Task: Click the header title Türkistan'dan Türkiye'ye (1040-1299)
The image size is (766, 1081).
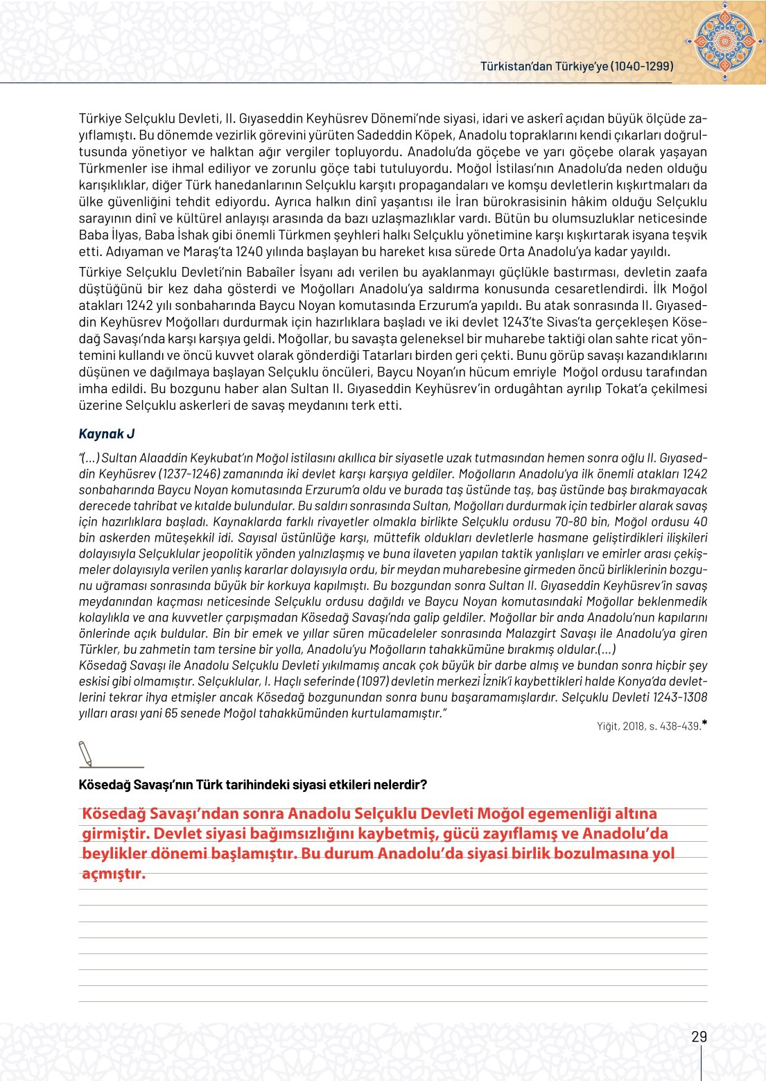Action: [577, 66]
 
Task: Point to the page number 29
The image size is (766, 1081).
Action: [699, 1037]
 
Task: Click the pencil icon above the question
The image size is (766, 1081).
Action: [86, 754]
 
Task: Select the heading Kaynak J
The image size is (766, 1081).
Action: [107, 434]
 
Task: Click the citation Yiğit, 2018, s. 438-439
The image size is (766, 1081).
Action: [648, 726]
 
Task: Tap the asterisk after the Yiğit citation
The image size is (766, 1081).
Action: [704, 724]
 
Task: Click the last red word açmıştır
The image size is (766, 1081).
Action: [114, 873]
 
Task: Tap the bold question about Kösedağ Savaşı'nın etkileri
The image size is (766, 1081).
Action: [253, 784]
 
